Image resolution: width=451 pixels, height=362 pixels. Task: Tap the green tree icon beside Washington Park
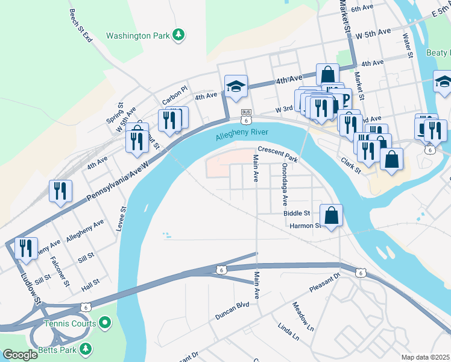pyautogui.click(x=178, y=35)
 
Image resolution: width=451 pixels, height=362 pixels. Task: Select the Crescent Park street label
pyautogui.click(x=278, y=154)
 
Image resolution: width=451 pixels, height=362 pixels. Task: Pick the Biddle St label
pyautogui.click(x=296, y=213)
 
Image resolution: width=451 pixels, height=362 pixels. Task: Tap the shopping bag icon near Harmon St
pyautogui.click(x=331, y=215)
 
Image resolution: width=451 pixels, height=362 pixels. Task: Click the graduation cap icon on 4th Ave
pyautogui.click(x=236, y=86)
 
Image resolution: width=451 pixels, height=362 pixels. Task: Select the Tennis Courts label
pyautogui.click(x=71, y=324)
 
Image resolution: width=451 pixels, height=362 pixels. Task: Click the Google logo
pyautogui.click(x=20, y=355)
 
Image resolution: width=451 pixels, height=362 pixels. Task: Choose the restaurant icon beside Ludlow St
pyautogui.click(x=26, y=248)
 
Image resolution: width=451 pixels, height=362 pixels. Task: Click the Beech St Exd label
pyautogui.click(x=80, y=25)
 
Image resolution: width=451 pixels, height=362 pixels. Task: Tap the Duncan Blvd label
pyautogui.click(x=232, y=311)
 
